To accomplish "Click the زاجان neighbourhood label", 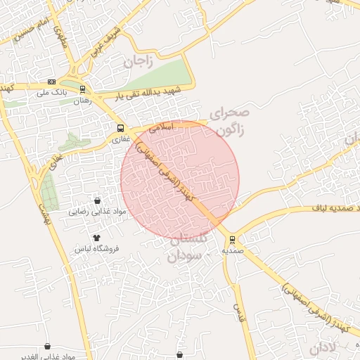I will pyautogui.click(x=139, y=61).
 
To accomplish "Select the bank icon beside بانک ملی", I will pyautogui.click(x=51, y=82).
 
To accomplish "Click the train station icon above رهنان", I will pyautogui.click(x=83, y=90).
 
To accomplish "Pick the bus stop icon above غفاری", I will pyautogui.click(x=121, y=129).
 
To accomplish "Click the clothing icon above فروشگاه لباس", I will pyautogui.click(x=96, y=238).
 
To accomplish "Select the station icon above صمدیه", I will pyautogui.click(x=233, y=238).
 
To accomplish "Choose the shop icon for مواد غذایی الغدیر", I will pyautogui.click(x=48, y=347).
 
